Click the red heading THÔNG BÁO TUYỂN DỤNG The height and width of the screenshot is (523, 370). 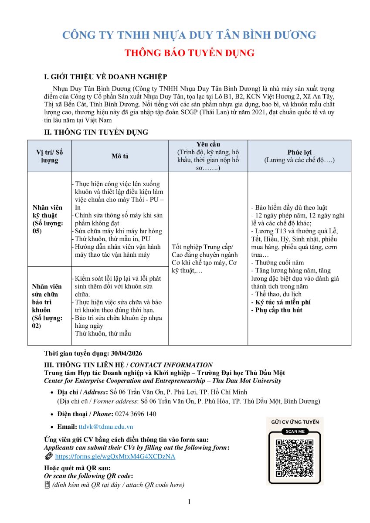pyautogui.click(x=189, y=53)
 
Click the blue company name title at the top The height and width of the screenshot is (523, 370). pyautogui.click(x=189, y=35)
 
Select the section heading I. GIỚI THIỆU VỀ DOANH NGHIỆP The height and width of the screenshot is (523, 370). pyautogui.click(x=106, y=77)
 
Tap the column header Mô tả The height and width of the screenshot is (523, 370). pyautogui.click(x=119, y=156)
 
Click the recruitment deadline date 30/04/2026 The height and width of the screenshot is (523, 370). pyautogui.click(x=124, y=353)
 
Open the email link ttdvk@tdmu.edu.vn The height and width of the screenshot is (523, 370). pyautogui.click(x=106, y=427)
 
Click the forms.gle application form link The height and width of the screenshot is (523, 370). pyautogui.click(x=115, y=456)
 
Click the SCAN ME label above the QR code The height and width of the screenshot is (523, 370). pyautogui.click(x=295, y=431)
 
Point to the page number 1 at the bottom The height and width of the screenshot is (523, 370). pyautogui.click(x=189, y=502)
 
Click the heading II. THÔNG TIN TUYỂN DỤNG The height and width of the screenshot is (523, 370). pyautogui.click(x=96, y=132)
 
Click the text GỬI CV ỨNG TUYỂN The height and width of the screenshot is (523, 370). pyautogui.click(x=295, y=422)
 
